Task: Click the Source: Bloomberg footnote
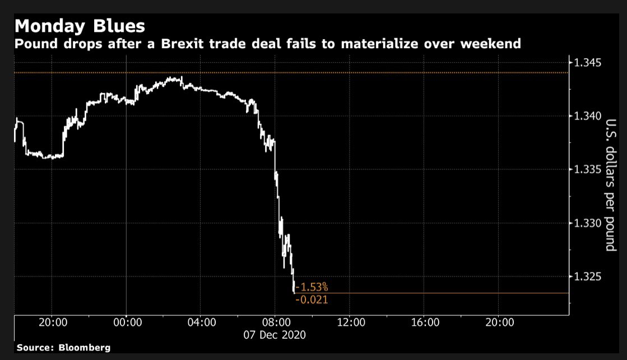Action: [63, 348]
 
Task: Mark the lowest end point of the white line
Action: [294, 292]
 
